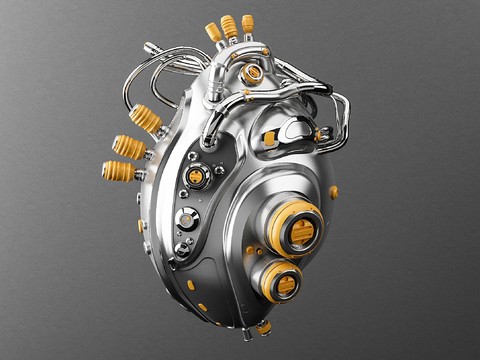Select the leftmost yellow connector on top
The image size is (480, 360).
[214, 33]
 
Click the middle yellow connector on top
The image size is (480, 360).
[230, 26]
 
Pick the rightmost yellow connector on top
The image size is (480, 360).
[248, 23]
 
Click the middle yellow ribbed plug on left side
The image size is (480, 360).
[130, 147]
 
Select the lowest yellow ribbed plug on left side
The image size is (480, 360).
[119, 171]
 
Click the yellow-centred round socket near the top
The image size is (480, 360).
[253, 72]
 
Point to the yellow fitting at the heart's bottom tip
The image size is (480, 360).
[264, 327]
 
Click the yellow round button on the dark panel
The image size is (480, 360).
[197, 177]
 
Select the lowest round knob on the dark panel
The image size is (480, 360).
[182, 248]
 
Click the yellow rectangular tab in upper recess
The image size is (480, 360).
[270, 137]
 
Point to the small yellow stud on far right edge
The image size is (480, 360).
[334, 191]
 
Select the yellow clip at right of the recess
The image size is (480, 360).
[320, 134]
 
